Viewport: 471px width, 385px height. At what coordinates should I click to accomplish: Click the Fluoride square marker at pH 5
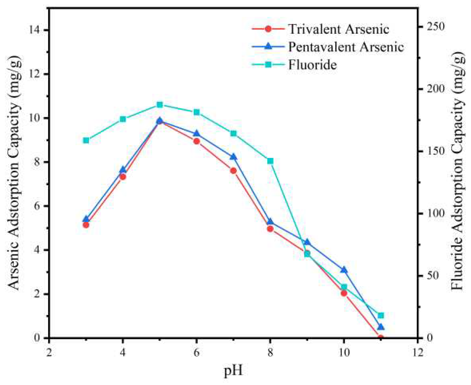coord(159,105)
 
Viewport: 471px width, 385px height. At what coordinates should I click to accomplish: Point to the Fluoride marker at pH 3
coord(86,140)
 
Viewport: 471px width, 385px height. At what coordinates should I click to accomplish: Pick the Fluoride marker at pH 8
coord(270,161)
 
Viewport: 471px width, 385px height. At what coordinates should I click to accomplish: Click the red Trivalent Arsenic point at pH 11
coord(381,338)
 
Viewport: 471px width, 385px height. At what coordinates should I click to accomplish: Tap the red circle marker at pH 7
coord(233,170)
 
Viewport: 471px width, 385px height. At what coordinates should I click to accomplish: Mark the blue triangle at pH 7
coord(233,157)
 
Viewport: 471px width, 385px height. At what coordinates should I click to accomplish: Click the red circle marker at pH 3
coord(86,225)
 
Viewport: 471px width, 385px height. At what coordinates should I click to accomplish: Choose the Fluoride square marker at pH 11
coord(381,316)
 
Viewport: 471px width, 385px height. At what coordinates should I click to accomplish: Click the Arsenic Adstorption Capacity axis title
coord(14,173)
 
